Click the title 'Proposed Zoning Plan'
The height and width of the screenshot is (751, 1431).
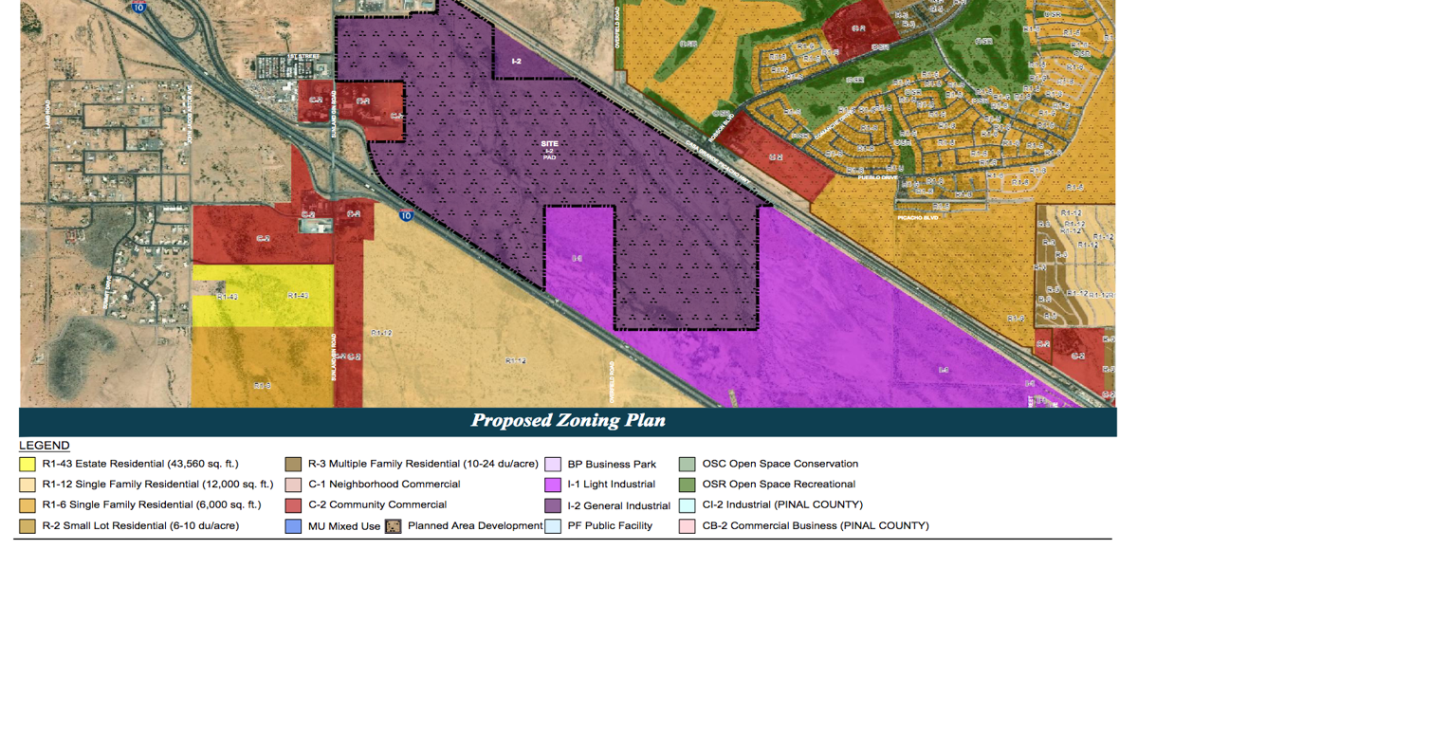point(568,421)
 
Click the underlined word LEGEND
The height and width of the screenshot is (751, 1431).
point(45,446)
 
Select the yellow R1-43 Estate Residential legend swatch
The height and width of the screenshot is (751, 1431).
point(28,465)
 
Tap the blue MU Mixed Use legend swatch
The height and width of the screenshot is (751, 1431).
point(293,526)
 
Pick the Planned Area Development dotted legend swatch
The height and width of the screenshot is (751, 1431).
point(393,526)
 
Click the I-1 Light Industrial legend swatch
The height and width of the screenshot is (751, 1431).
point(553,485)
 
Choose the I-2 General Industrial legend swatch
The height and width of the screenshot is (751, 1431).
point(553,505)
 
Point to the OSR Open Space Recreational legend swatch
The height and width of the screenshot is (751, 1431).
point(688,485)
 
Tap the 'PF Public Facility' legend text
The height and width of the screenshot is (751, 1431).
point(610,525)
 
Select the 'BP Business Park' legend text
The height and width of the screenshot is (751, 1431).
point(612,465)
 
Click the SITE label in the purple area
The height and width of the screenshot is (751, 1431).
point(550,143)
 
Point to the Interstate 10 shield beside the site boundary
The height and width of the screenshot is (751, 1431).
point(406,215)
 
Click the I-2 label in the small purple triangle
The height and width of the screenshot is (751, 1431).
point(516,61)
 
